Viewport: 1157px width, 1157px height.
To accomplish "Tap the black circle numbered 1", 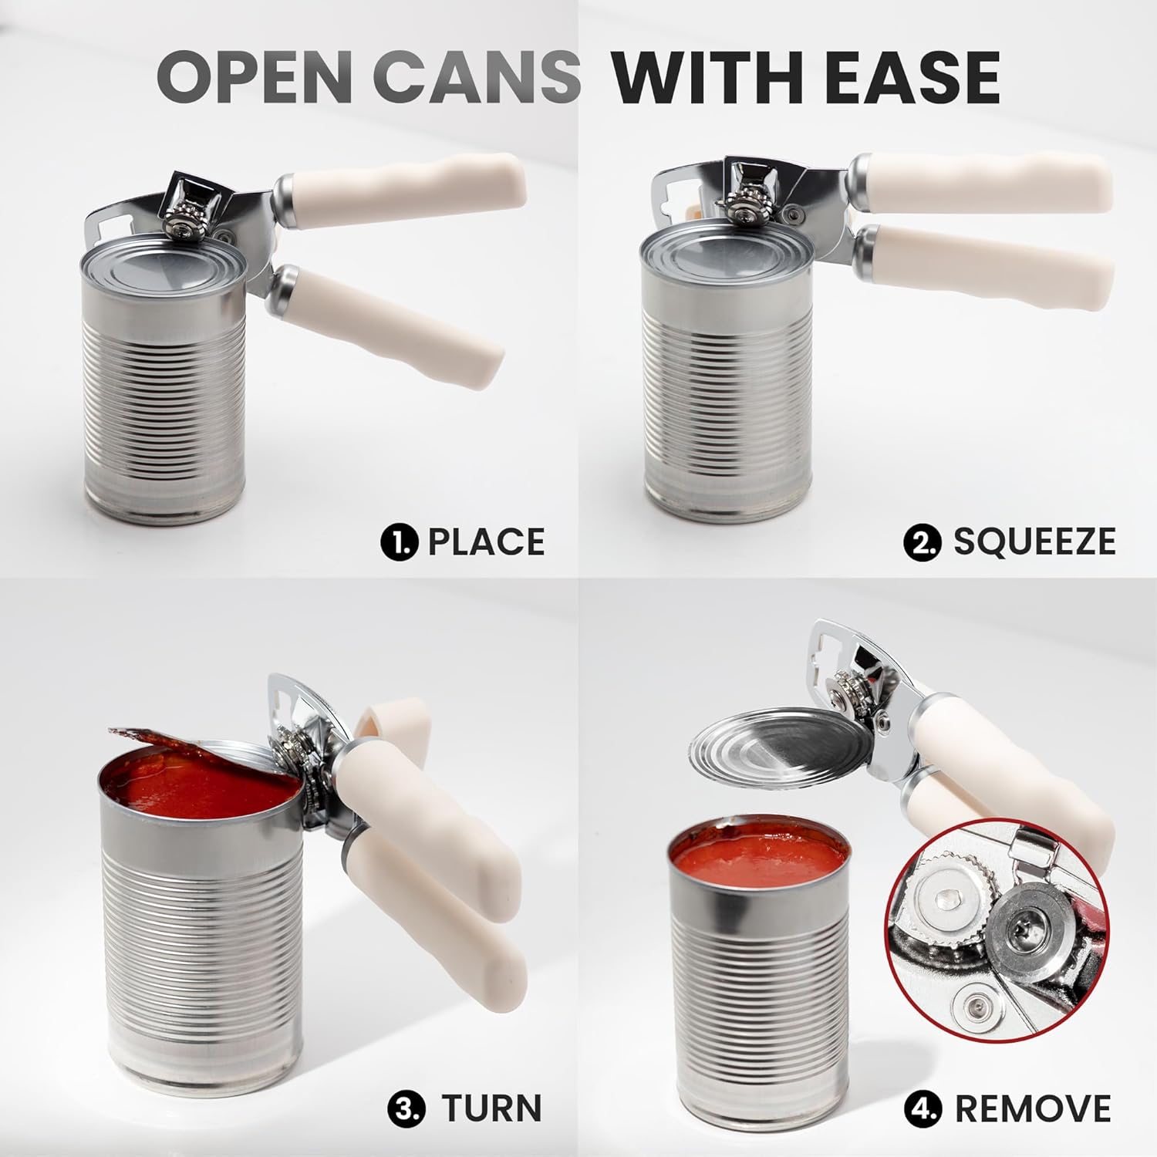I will point(400,541).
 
